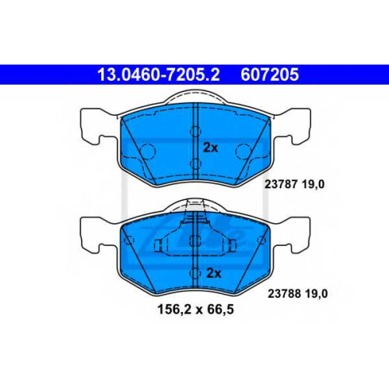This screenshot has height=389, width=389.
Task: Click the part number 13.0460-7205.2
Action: coord(159,75)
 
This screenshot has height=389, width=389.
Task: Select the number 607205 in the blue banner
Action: coord(270,75)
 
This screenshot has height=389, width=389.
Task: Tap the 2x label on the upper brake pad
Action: coord(211,148)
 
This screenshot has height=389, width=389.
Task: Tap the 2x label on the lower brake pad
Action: coord(214,273)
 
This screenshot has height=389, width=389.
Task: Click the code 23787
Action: coord(281,184)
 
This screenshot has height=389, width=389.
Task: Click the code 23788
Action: coord(284,294)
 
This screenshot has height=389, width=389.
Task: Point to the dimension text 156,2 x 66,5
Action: coord(196,309)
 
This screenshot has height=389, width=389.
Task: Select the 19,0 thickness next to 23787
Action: coord(313,184)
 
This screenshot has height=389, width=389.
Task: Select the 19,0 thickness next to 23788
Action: coord(316,294)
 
